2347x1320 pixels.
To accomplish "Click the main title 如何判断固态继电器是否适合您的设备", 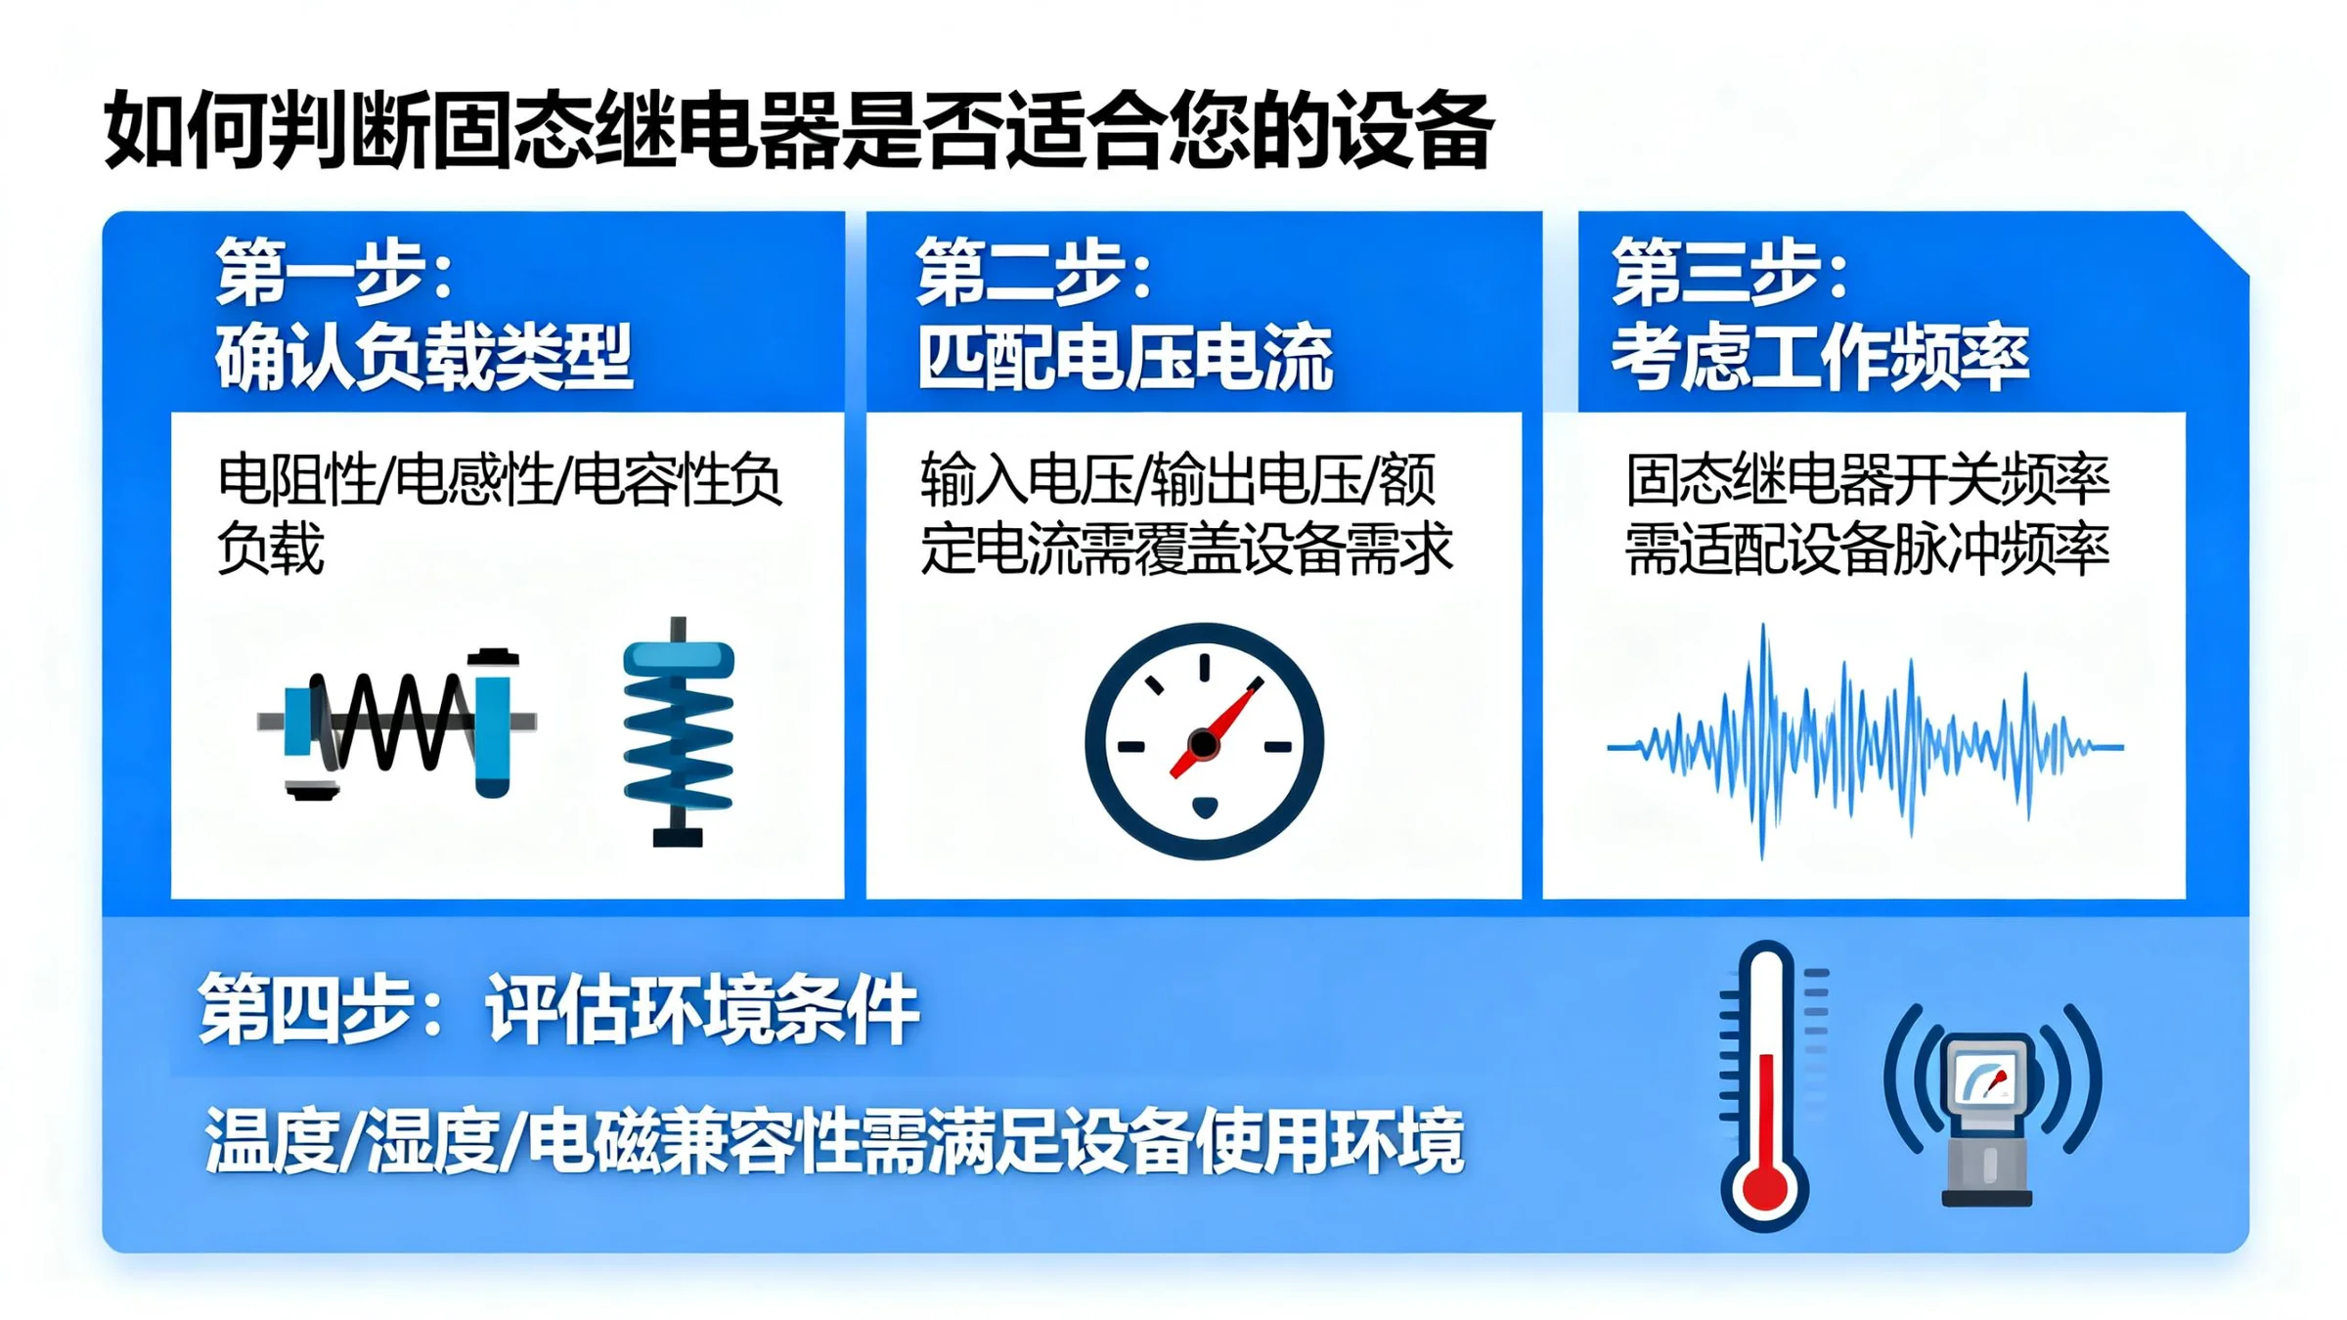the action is click(798, 130).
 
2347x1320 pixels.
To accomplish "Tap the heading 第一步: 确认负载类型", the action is click(424, 314).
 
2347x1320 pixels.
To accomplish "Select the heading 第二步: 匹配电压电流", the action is click(1125, 314).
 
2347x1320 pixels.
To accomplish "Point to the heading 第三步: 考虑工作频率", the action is click(1820, 314).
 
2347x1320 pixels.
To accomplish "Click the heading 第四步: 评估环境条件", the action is click(558, 1009).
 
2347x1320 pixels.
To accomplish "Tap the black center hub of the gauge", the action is click(1204, 744).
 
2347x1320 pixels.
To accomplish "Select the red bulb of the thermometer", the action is click(1764, 1186).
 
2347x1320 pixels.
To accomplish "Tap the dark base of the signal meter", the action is click(1987, 1198).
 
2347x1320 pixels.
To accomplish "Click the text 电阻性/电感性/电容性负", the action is click(500, 480).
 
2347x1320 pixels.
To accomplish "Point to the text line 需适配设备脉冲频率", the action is click(1867, 549).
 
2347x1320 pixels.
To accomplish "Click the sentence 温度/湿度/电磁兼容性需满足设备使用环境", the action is click(834, 1140).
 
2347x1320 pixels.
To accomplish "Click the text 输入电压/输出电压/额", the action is click(1178, 480).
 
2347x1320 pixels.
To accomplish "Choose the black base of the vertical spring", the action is click(678, 837).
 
